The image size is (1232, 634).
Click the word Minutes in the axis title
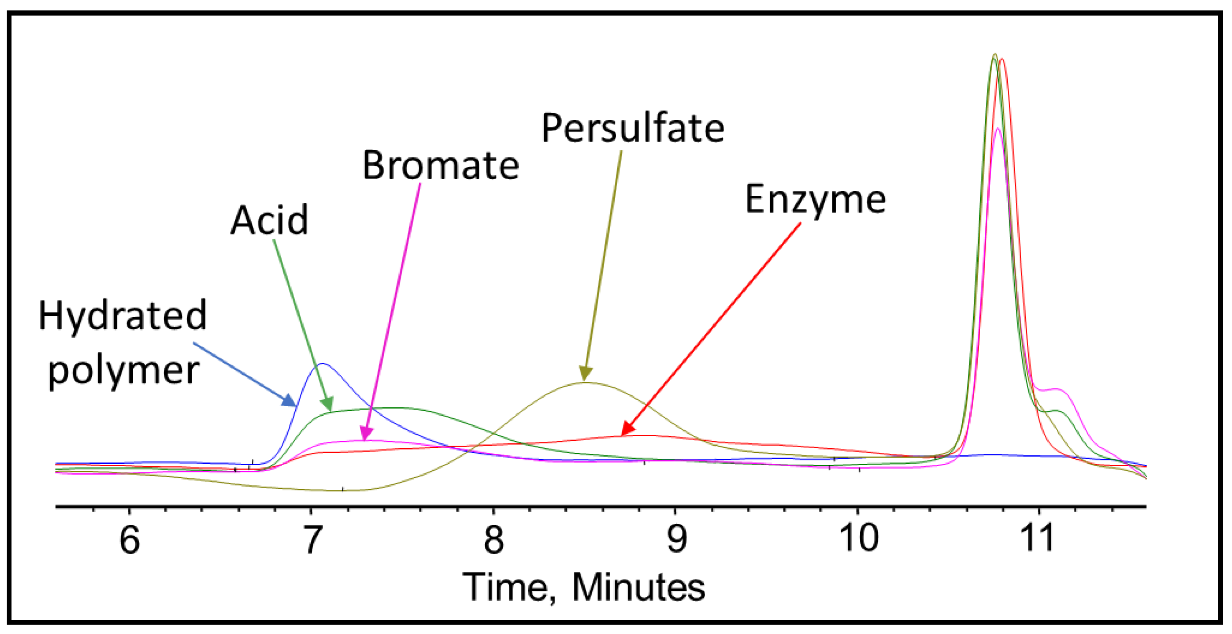[x=639, y=587]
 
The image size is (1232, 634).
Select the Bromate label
[x=441, y=165]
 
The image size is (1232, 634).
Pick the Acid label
[x=269, y=220]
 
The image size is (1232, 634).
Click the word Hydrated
[x=122, y=316]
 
